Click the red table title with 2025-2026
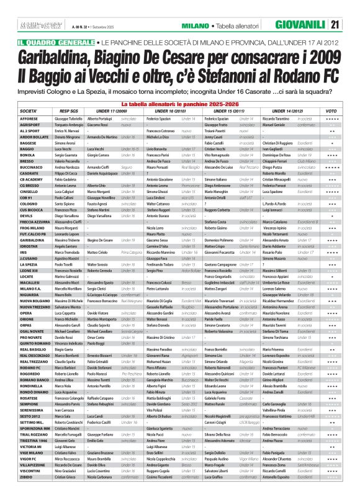click(180, 103)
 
